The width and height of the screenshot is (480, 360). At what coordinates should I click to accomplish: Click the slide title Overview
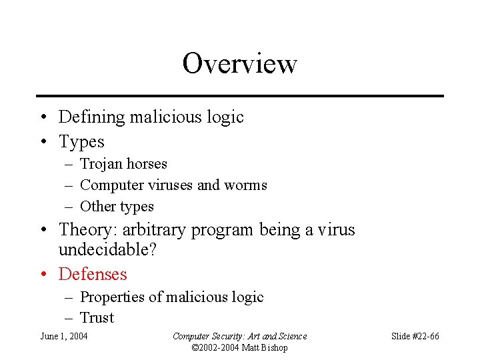[239, 64]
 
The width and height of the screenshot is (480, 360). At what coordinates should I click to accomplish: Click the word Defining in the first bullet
[91, 117]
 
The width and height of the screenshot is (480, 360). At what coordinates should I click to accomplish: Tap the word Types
[81, 142]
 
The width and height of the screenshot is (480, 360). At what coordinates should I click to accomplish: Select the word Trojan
[100, 164]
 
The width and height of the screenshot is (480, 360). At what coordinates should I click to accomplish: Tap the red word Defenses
[93, 274]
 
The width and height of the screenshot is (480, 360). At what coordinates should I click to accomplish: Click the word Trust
[97, 318]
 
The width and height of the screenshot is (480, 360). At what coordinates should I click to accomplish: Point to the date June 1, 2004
[64, 336]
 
